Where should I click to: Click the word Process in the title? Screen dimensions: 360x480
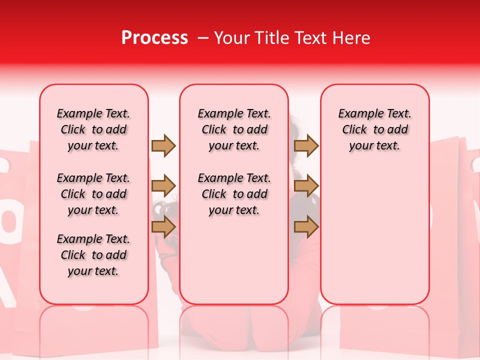click(x=154, y=38)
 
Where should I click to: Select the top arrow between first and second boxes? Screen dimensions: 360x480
click(x=163, y=145)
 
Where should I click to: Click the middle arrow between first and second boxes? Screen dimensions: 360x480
click(x=163, y=186)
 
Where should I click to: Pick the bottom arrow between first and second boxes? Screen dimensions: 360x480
click(x=163, y=226)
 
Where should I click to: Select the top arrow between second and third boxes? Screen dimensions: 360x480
click(x=306, y=145)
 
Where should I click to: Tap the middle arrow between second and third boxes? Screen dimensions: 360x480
click(x=306, y=186)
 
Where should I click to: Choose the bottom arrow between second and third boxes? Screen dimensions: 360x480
click(x=306, y=226)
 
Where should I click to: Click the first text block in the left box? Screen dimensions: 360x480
click(x=93, y=129)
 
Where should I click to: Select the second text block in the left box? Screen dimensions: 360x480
click(x=93, y=194)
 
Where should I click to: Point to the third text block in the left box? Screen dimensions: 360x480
click(x=93, y=255)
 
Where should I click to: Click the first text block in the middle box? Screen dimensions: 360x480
click(x=234, y=129)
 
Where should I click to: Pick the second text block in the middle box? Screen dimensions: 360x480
click(x=234, y=194)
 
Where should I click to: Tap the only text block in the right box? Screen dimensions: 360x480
click(x=374, y=129)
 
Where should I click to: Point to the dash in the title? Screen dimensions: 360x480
click(x=203, y=38)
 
